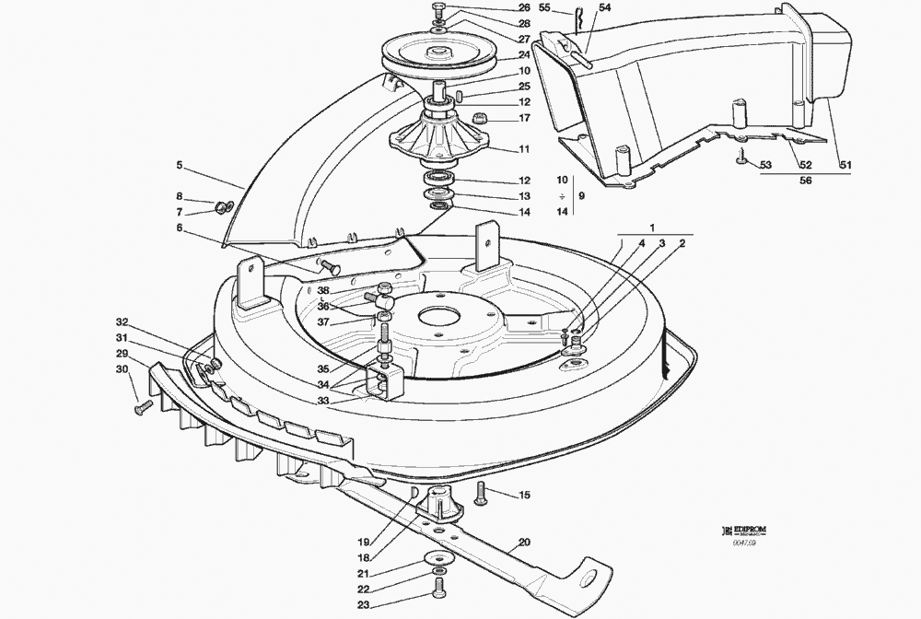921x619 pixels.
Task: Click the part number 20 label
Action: click(524, 543)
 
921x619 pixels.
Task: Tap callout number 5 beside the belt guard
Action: click(181, 167)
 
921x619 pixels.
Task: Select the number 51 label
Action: click(845, 165)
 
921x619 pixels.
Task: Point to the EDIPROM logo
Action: click(746, 530)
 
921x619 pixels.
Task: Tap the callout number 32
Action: click(122, 322)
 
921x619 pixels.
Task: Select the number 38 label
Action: click(324, 289)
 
